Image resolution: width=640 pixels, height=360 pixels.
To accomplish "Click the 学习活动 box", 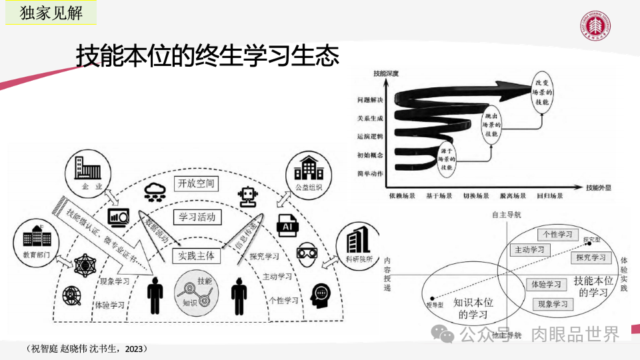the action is [x=197, y=217].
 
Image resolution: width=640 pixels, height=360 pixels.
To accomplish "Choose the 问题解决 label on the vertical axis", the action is [x=370, y=101].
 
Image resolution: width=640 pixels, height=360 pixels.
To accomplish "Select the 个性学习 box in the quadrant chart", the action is [x=558, y=235].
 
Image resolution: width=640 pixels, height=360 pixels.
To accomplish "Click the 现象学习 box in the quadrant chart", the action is [x=553, y=304].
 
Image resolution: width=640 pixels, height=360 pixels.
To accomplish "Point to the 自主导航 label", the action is [x=507, y=215].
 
